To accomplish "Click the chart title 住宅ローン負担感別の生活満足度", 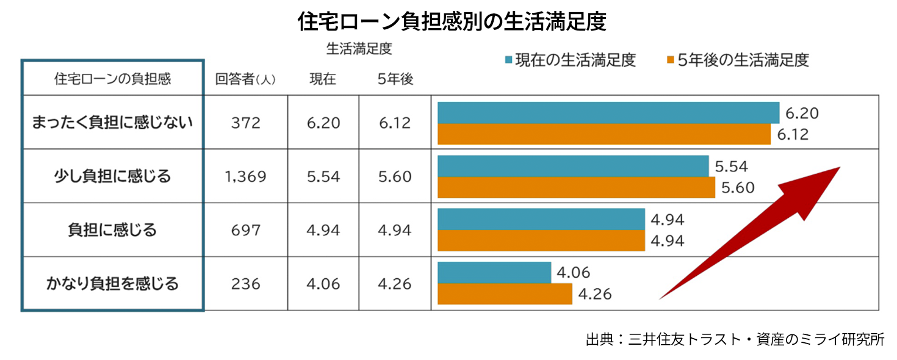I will (x=452, y=22).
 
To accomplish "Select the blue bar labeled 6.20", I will (x=608, y=113).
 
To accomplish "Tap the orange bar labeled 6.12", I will (x=604, y=134).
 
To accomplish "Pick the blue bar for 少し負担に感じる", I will (x=573, y=166).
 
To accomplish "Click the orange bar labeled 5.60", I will (x=576, y=187).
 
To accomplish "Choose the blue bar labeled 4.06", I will (x=494, y=273).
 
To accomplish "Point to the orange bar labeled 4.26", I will (x=505, y=294).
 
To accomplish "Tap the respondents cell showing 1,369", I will (x=245, y=177).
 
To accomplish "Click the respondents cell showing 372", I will (x=245, y=123).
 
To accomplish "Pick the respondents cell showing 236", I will (x=245, y=284).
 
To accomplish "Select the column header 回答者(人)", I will (x=245, y=79).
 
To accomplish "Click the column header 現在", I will (x=323, y=79).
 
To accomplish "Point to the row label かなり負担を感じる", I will (x=113, y=284).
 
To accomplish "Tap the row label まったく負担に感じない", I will (x=113, y=123).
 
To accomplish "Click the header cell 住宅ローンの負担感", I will (x=113, y=79).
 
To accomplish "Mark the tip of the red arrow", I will (x=840, y=167).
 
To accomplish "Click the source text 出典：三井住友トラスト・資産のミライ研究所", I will (x=735, y=339).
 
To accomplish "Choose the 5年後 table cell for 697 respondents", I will (x=395, y=231).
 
